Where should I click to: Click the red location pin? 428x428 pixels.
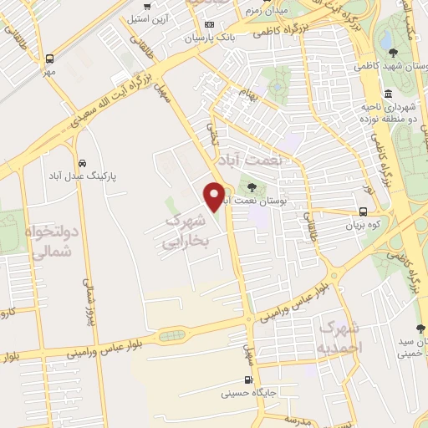tap(215, 196)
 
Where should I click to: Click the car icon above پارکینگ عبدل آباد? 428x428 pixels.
tap(82, 163)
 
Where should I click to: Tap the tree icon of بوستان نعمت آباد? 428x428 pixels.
tap(252, 187)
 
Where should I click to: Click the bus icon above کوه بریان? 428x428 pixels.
tap(364, 211)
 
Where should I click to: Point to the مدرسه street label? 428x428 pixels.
tap(299, 418)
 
